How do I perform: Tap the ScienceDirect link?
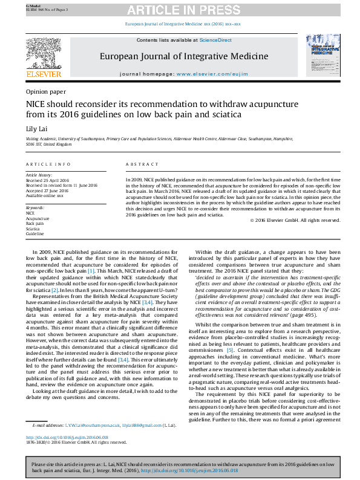[216, 40]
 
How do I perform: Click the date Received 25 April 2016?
[48, 180]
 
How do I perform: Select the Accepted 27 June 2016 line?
[48, 191]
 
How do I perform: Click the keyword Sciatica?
[33, 229]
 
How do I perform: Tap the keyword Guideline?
[34, 234]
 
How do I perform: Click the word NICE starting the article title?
[34, 104]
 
